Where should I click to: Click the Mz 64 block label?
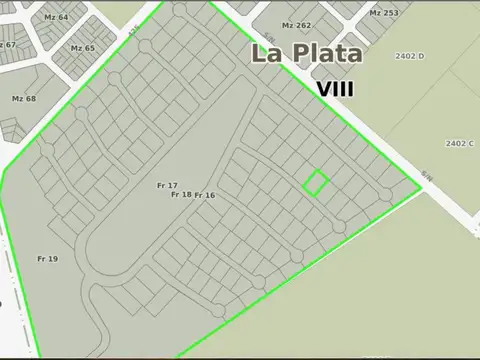click(x=57, y=18)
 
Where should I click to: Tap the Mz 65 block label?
click(x=83, y=48)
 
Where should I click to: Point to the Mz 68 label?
click(x=23, y=98)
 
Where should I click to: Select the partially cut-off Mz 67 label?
click(x=8, y=45)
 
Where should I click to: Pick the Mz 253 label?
click(x=383, y=13)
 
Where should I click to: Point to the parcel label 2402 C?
click(x=460, y=143)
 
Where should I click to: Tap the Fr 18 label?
click(x=181, y=194)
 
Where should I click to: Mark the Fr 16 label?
click(x=205, y=195)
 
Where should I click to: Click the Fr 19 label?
click(x=48, y=259)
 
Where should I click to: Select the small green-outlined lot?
click(x=316, y=182)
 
